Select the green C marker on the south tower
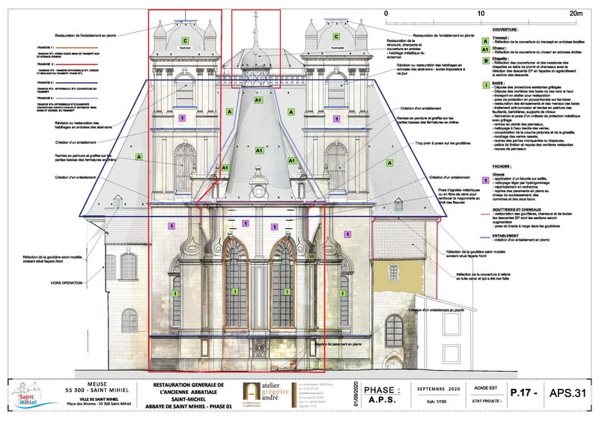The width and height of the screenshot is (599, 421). click(x=185, y=38)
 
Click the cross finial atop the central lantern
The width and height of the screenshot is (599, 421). click(x=255, y=16)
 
